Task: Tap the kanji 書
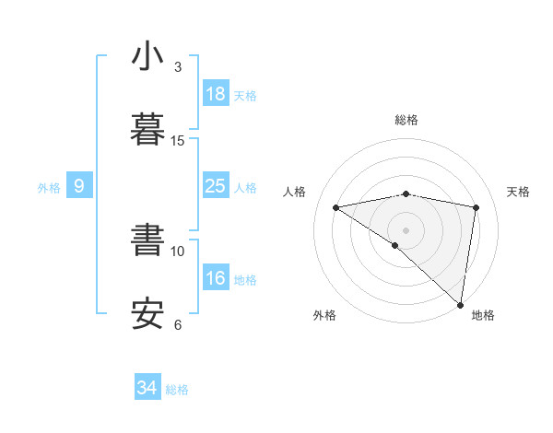point(149,240)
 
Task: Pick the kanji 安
point(149,313)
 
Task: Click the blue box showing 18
point(216,94)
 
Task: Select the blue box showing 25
point(216,186)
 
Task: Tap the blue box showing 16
point(216,278)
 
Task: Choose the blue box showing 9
point(79,186)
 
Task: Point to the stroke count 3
point(178,67)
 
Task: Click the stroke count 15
point(178,141)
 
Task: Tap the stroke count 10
point(178,251)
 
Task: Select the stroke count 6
point(178,324)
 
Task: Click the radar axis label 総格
point(406,120)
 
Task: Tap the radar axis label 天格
point(519,192)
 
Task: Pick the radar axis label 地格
point(483,315)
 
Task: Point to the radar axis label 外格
point(324,315)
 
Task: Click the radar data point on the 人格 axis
point(335,207)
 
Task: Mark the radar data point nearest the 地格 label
point(462,304)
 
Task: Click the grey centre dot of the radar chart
point(406,229)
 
